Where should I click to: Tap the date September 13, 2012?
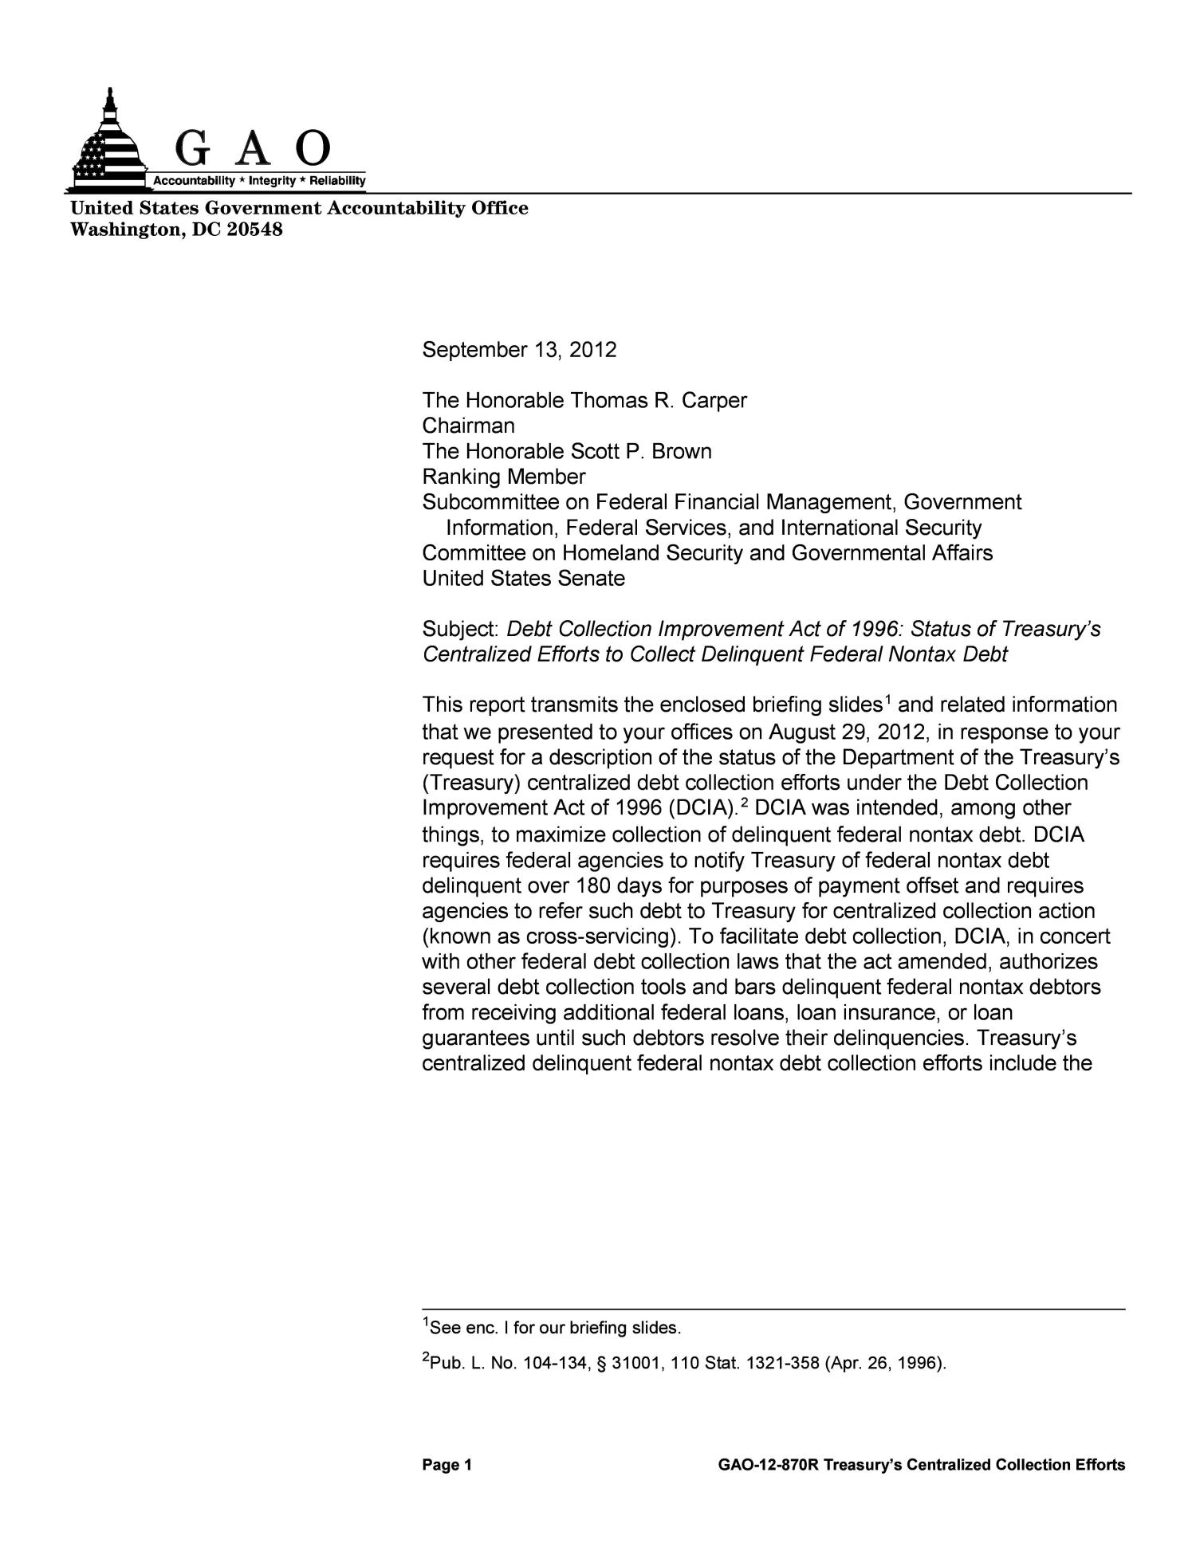(x=519, y=350)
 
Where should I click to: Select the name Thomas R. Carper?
(x=659, y=401)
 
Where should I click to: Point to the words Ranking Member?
(x=503, y=477)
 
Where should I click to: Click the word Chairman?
(x=468, y=426)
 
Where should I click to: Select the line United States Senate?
(x=523, y=579)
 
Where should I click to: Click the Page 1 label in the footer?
(x=447, y=1465)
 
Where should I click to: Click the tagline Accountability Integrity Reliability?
(x=259, y=182)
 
